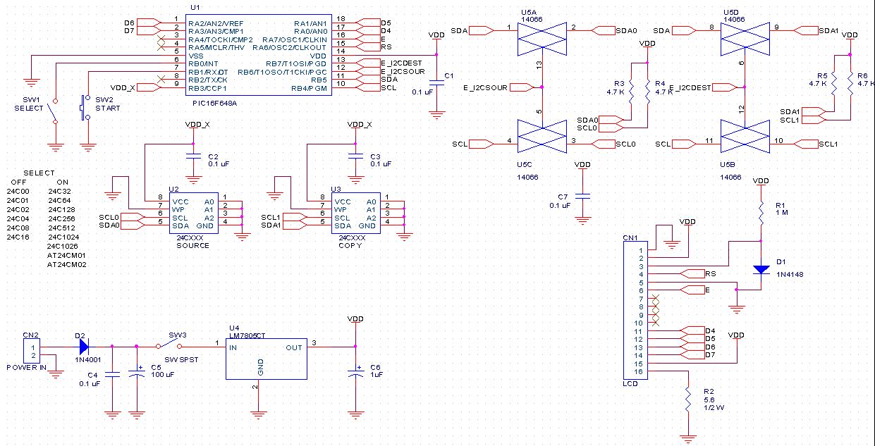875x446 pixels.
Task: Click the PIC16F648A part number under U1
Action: click(x=214, y=104)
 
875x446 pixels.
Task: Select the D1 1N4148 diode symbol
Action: click(x=761, y=270)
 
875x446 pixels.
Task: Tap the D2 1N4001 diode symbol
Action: click(x=84, y=347)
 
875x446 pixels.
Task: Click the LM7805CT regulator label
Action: click(x=247, y=335)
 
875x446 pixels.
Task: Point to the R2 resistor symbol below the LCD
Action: click(x=688, y=399)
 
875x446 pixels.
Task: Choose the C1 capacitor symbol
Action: click(x=436, y=82)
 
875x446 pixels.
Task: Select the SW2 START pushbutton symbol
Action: click(x=85, y=107)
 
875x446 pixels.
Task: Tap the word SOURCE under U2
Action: click(x=192, y=246)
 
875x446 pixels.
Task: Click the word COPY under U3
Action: click(x=350, y=246)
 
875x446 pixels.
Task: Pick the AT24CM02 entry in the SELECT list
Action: click(x=66, y=264)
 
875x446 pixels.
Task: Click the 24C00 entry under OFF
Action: click(x=18, y=191)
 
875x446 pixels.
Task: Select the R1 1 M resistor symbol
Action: click(x=761, y=213)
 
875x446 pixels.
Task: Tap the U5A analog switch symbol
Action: click(x=541, y=39)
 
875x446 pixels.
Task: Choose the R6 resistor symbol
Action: click(x=850, y=83)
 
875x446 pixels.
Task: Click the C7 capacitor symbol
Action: click(x=582, y=196)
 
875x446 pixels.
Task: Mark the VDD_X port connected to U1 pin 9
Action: click(x=149, y=87)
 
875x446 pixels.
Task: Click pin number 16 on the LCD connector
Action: click(x=638, y=371)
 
